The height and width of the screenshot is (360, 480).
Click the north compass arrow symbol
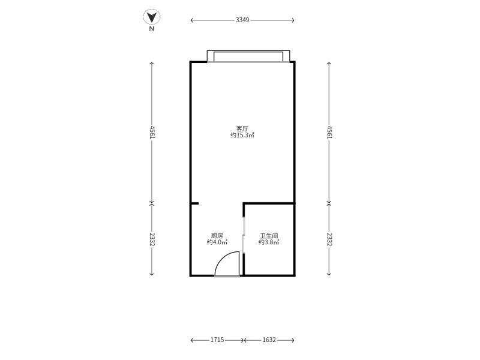click(x=152, y=17)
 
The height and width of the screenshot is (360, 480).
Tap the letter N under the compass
click(x=152, y=29)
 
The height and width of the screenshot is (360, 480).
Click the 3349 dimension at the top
click(x=242, y=20)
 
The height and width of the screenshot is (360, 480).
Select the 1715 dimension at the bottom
click(x=217, y=340)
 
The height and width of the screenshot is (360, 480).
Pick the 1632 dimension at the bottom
click(x=269, y=340)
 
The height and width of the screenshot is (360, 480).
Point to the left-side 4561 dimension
click(x=152, y=132)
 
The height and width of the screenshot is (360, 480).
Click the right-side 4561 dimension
click(x=329, y=132)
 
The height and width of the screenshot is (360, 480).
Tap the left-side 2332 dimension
click(x=152, y=239)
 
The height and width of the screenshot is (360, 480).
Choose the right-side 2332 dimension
click(x=329, y=239)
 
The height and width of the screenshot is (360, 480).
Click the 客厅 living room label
click(x=242, y=128)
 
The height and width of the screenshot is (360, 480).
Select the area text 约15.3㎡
click(x=242, y=136)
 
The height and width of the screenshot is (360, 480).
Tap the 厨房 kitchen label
click(x=217, y=236)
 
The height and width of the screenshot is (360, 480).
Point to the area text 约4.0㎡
click(x=217, y=242)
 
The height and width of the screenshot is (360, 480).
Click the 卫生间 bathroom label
click(x=269, y=236)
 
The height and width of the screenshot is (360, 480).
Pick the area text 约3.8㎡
click(x=269, y=242)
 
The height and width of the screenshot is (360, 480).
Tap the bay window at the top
click(x=248, y=56)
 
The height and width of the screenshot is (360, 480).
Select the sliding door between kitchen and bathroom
click(x=244, y=235)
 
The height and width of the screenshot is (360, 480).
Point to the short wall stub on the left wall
click(x=194, y=203)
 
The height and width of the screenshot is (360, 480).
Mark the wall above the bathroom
click(x=269, y=203)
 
